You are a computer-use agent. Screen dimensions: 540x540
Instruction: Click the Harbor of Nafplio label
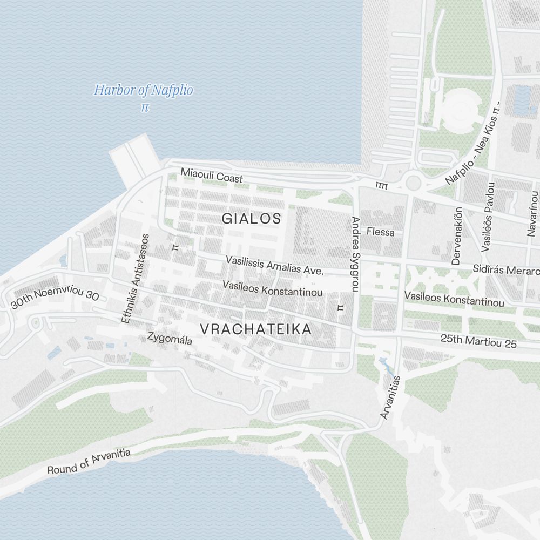[143, 90]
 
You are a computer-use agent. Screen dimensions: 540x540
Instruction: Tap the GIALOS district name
[252, 219]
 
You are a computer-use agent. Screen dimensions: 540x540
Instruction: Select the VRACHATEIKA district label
[256, 329]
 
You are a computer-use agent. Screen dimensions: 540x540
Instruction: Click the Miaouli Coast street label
[212, 175]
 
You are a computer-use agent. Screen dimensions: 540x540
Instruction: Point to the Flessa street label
[380, 232]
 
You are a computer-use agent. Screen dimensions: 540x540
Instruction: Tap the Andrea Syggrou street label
[355, 254]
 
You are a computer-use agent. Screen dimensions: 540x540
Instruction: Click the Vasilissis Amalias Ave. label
[274, 265]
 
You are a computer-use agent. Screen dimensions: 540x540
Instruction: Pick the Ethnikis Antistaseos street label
[134, 279]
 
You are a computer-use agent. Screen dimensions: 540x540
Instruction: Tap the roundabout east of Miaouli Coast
[413, 182]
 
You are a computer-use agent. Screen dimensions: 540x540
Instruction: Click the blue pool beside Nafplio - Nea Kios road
[522, 100]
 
